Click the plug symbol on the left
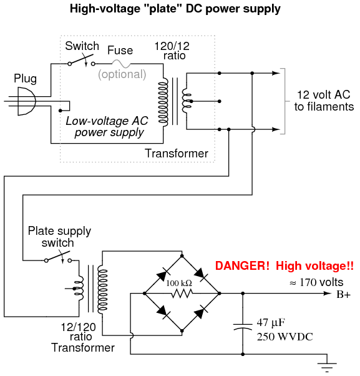(x=27, y=101)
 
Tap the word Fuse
(x=120, y=51)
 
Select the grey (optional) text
(x=122, y=74)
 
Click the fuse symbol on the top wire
(x=122, y=64)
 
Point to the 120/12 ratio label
(x=172, y=51)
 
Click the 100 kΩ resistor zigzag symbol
(x=182, y=294)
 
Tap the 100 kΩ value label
(x=179, y=283)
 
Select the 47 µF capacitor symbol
(x=243, y=327)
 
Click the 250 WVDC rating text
(x=285, y=337)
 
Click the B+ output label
(x=344, y=294)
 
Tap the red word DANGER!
(x=243, y=265)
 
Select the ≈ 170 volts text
(x=316, y=282)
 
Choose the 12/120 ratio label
(x=79, y=332)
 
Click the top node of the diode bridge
(x=182, y=256)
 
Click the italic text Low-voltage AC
(x=107, y=121)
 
